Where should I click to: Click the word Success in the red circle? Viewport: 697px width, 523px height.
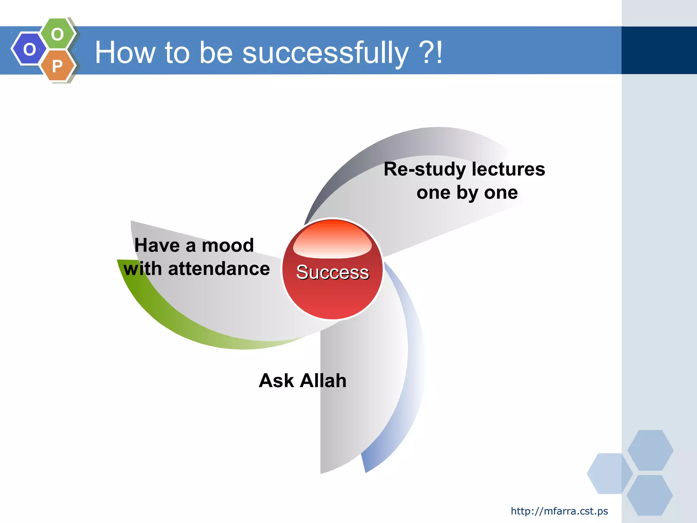(332, 272)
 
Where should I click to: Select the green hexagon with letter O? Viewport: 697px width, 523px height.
(58, 34)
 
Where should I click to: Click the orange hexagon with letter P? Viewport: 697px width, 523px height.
(58, 65)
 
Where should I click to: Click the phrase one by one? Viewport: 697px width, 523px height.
(467, 193)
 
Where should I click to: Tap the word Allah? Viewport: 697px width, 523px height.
(323, 380)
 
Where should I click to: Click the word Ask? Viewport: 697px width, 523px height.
(276, 380)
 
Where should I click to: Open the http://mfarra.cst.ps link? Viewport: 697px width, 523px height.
(559, 511)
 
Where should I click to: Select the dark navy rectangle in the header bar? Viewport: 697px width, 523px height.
(659, 50)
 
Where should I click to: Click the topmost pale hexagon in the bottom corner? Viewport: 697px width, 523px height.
(650, 450)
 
